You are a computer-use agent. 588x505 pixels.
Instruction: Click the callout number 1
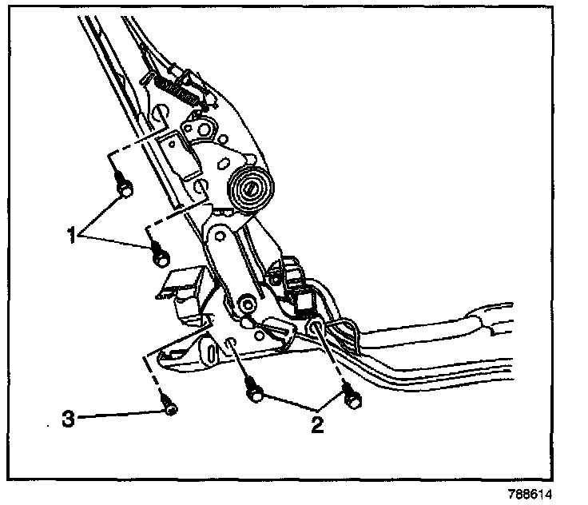72,234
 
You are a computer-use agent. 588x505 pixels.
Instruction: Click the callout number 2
317,424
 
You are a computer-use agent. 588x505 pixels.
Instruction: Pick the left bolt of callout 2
254,392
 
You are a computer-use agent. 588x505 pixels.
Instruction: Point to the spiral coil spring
250,189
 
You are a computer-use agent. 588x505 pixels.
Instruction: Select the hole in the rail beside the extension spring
160,113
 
